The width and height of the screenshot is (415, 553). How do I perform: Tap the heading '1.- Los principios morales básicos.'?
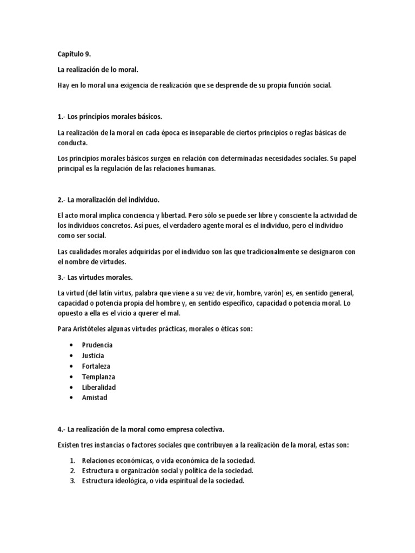(110, 117)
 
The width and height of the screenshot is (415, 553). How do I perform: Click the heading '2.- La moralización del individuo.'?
(108, 200)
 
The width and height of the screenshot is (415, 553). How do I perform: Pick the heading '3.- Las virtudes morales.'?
(95, 278)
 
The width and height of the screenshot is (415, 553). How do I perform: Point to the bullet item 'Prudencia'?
(97, 345)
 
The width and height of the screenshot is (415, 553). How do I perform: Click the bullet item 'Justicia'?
(93, 355)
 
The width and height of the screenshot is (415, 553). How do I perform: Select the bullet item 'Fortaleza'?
(96, 366)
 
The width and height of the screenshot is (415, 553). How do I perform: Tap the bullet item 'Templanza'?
(98, 376)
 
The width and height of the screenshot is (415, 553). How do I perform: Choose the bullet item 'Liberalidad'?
(99, 387)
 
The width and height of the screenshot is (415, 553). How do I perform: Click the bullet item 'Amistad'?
(95, 397)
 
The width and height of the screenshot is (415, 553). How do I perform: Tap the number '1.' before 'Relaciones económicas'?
(73, 460)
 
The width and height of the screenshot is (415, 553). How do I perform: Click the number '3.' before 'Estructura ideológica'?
(73, 481)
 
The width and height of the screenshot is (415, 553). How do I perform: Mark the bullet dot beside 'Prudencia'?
(72, 345)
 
